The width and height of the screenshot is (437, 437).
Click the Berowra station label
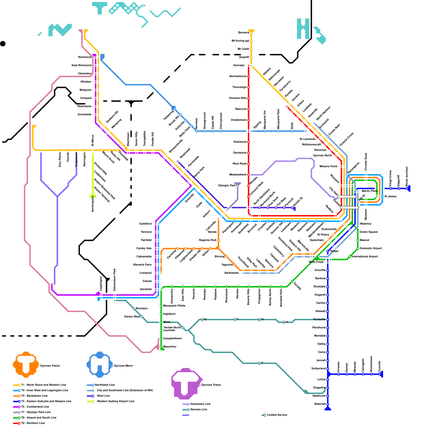(244, 33)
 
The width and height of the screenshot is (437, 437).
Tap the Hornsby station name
(239, 66)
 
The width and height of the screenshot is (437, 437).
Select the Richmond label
(85, 57)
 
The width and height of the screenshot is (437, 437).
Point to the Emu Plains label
(60, 160)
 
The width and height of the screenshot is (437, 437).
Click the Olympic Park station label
(227, 186)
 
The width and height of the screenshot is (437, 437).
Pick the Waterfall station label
(320, 404)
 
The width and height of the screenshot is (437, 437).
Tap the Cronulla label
(380, 366)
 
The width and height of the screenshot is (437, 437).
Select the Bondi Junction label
(407, 176)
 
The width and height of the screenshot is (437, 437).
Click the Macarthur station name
(170, 347)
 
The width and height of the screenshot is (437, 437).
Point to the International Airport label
(365, 257)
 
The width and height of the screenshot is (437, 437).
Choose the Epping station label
(257, 125)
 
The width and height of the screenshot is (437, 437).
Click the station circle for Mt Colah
(251, 49)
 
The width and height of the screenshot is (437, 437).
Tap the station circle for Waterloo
(358, 224)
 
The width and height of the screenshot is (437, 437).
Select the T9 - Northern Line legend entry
(33, 423)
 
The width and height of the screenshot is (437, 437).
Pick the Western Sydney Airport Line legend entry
(116, 401)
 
